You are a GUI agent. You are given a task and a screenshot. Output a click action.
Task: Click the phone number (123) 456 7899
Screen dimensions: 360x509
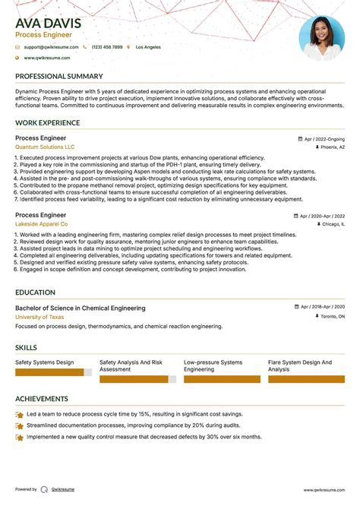pos(106,47)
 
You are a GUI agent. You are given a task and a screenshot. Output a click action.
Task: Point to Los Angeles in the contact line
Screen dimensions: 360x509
pos(148,47)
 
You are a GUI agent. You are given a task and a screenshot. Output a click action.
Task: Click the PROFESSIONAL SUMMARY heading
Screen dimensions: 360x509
pos(58,77)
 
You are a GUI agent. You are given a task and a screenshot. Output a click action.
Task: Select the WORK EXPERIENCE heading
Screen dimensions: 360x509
pos(48,123)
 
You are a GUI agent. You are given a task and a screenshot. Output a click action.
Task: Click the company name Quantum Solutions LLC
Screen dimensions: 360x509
pos(45,147)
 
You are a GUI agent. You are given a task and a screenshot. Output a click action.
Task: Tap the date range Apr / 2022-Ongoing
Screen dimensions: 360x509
pos(324,139)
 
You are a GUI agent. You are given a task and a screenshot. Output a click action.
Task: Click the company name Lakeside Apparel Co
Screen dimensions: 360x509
pos(41,225)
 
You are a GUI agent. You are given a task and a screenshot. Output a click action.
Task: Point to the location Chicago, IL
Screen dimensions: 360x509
pos(332,225)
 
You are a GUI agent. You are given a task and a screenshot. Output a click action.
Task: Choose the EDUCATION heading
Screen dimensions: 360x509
pos(37,292)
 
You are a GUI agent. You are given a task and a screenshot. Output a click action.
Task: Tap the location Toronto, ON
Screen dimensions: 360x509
pos(331,316)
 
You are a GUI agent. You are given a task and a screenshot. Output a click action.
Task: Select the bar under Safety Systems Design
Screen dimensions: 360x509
pos(53,373)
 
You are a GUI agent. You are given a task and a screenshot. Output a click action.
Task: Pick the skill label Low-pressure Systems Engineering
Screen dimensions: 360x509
pos(213,366)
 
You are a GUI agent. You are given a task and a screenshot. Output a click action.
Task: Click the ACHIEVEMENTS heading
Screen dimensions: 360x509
pos(42,398)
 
